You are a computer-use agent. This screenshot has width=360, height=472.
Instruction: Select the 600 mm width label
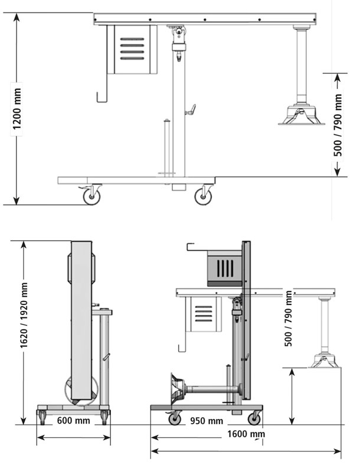click(x=74, y=421)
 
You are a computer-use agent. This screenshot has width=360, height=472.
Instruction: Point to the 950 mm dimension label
click(x=207, y=421)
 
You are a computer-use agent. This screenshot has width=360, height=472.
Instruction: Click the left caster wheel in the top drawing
click(x=91, y=195)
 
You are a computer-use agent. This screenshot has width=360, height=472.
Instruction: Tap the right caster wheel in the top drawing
click(x=204, y=195)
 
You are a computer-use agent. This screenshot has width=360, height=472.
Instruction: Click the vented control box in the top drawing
click(x=132, y=50)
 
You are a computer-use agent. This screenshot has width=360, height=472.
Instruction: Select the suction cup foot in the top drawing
click(x=301, y=115)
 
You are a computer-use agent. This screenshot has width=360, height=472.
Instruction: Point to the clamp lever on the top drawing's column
click(x=190, y=110)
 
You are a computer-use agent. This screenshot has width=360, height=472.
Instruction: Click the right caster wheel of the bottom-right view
click(x=254, y=418)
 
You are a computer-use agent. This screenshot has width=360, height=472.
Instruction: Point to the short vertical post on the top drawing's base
click(x=167, y=147)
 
